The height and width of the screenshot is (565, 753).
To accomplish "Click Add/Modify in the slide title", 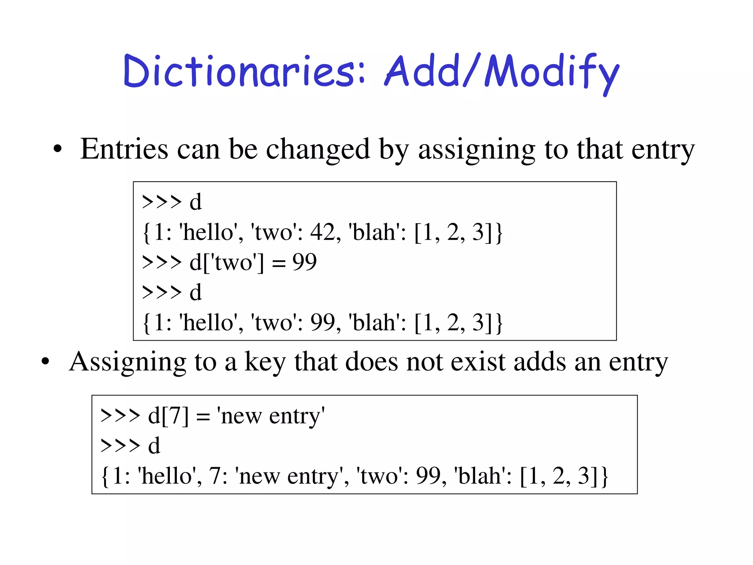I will (502, 72).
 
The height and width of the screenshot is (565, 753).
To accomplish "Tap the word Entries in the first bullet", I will (124, 149).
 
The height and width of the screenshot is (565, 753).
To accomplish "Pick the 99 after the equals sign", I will (304, 262).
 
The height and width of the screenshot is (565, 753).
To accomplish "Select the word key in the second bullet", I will (265, 362).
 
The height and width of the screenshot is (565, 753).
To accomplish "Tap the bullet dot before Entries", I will (57, 149).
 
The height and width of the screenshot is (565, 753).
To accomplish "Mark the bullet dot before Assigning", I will (45, 362).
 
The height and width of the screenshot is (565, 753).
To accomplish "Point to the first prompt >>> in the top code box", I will (161, 202).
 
